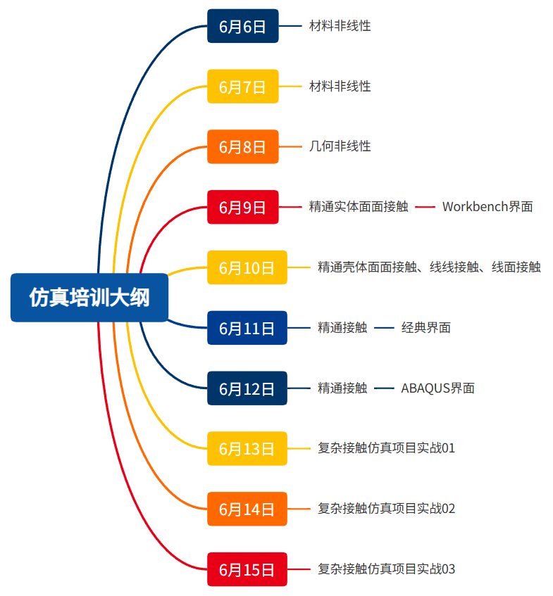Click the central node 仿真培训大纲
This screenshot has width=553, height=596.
click(x=89, y=298)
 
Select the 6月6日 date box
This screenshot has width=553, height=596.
click(x=242, y=27)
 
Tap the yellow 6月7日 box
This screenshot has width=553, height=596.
click(x=242, y=87)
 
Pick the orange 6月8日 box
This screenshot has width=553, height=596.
click(x=242, y=146)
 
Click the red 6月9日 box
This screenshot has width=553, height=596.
click(x=242, y=207)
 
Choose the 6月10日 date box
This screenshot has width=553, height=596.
click(x=247, y=267)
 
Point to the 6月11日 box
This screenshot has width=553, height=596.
click(x=247, y=328)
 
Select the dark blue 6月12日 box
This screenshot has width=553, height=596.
click(x=247, y=388)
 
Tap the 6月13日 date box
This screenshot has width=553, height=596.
click(x=247, y=448)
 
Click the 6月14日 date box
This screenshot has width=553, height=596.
click(x=247, y=509)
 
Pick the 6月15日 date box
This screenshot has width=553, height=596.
click(x=247, y=569)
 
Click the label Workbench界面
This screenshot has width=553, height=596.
click(x=487, y=207)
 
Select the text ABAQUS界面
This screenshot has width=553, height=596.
click(x=437, y=388)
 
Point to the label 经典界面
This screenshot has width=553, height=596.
click(x=425, y=328)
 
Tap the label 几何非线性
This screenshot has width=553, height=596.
click(x=340, y=146)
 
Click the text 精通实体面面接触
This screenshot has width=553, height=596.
click(x=358, y=207)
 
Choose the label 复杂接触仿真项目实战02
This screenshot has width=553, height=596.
click(x=386, y=509)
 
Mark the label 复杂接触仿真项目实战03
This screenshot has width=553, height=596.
click(x=386, y=569)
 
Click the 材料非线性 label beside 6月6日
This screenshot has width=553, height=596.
click(x=340, y=27)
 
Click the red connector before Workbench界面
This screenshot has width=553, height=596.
click(x=425, y=207)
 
